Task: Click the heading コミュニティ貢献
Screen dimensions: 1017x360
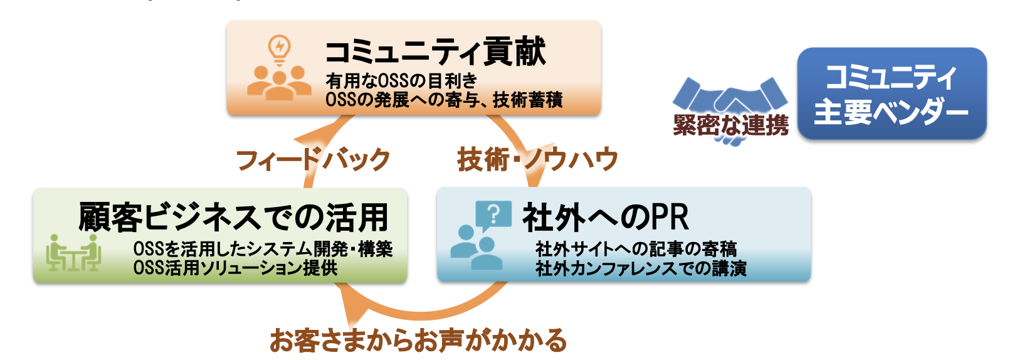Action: [435, 52]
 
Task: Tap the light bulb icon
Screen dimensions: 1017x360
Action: [279, 50]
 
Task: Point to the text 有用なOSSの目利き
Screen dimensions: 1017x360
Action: [401, 82]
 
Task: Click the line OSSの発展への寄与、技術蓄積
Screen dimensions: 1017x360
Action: [444, 100]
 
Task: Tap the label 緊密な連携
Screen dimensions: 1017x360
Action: [730, 125]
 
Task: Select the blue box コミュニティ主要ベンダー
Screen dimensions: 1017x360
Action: [892, 93]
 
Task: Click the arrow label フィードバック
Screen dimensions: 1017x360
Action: [313, 160]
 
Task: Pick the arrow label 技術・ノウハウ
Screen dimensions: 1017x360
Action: [537, 159]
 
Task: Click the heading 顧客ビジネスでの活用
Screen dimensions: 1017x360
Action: [233, 218]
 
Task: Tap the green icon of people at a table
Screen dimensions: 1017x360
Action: [73, 252]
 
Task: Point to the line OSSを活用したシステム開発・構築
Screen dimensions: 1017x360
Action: [263, 249]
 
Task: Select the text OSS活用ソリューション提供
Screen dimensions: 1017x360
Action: [235, 268]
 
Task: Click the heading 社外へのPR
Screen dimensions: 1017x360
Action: [606, 218]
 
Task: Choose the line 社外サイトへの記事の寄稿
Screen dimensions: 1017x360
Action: [636, 249]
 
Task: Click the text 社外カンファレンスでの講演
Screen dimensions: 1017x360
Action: [641, 268]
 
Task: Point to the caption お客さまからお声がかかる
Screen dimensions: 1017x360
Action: [418, 341]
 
